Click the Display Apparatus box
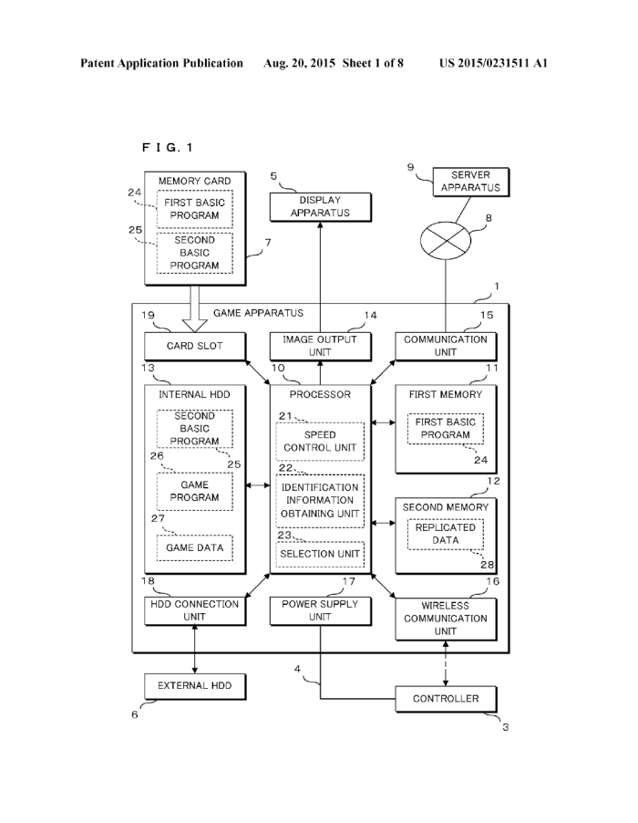(319, 206)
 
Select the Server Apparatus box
(470, 181)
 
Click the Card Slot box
(195, 346)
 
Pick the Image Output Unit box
(319, 346)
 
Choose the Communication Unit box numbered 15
(446, 346)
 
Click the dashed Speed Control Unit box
(320, 441)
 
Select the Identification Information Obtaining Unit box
(320, 502)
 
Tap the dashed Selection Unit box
(320, 554)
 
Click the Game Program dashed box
(194, 491)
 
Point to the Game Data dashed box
(194, 547)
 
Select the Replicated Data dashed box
(445, 534)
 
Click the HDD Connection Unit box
(194, 610)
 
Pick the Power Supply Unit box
(319, 610)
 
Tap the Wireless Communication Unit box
(446, 618)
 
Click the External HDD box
(194, 684)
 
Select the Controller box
(446, 699)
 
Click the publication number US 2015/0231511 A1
(493, 63)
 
